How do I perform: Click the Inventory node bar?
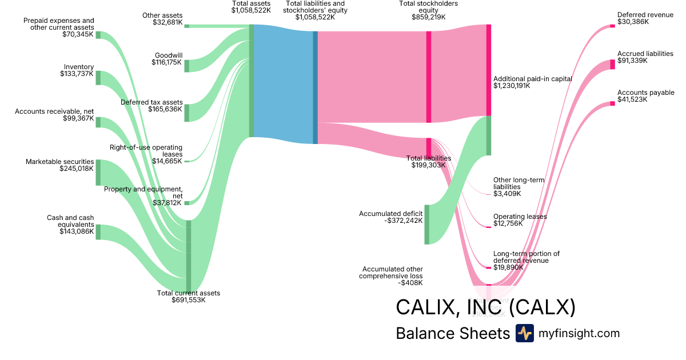(x=98, y=78)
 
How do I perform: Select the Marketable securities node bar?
(x=98, y=173)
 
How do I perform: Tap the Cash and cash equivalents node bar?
(x=98, y=232)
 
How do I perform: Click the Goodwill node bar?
(x=186, y=66)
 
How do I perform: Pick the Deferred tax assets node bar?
(x=186, y=113)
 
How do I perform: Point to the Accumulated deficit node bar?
(x=426, y=224)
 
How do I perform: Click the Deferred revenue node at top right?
(x=612, y=26)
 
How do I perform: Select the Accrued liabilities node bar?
(x=612, y=64)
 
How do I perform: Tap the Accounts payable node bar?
(x=612, y=103)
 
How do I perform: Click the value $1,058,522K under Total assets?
(x=251, y=10)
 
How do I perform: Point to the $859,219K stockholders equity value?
(x=428, y=17)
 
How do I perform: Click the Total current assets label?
(x=188, y=293)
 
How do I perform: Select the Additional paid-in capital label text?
(x=532, y=79)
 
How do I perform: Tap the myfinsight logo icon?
(x=524, y=333)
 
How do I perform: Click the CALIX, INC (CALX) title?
(x=485, y=307)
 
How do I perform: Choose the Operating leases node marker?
(x=489, y=227)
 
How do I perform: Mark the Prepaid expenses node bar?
(x=98, y=35)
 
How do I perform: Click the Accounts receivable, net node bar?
(x=98, y=122)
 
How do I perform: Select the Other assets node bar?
(x=186, y=26)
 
